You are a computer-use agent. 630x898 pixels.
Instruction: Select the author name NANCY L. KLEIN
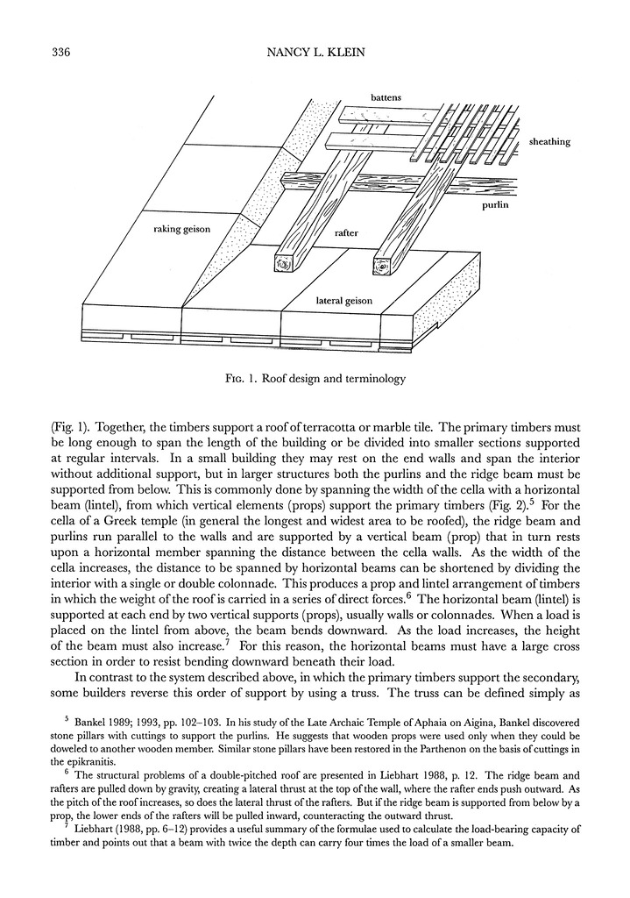coord(315,53)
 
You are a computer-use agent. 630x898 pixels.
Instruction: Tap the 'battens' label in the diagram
coord(386,97)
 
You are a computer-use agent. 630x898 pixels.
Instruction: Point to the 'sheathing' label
coord(549,141)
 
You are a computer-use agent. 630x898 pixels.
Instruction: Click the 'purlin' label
coord(496,206)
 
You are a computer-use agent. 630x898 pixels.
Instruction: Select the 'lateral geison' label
coord(343,301)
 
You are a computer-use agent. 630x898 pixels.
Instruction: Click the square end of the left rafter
coord(286,262)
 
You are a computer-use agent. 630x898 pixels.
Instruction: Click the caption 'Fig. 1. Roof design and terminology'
coord(315,380)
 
